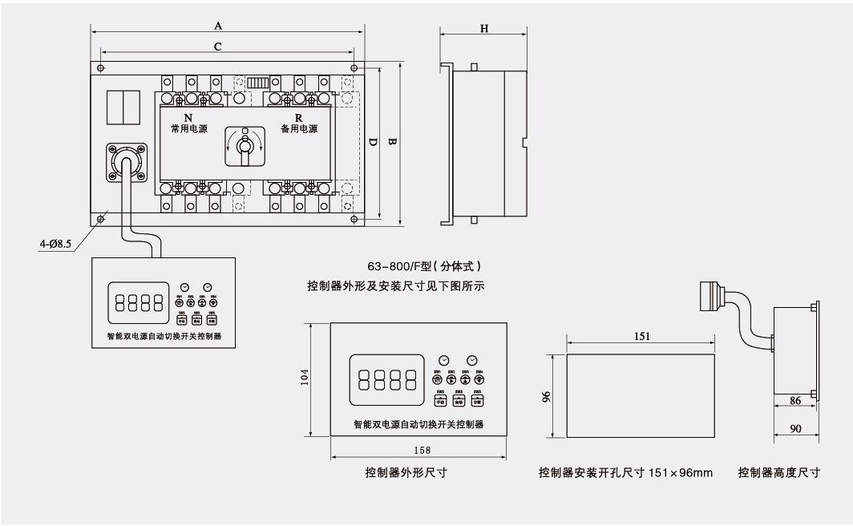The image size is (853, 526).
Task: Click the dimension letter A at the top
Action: point(218,26)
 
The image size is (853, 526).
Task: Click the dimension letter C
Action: point(218,47)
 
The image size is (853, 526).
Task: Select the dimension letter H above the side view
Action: point(484,28)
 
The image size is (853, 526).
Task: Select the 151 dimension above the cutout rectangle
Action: point(641,335)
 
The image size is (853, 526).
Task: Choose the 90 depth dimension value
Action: point(795,429)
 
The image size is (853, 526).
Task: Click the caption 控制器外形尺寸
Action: point(406,473)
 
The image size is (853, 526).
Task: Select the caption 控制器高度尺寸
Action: point(778,473)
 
